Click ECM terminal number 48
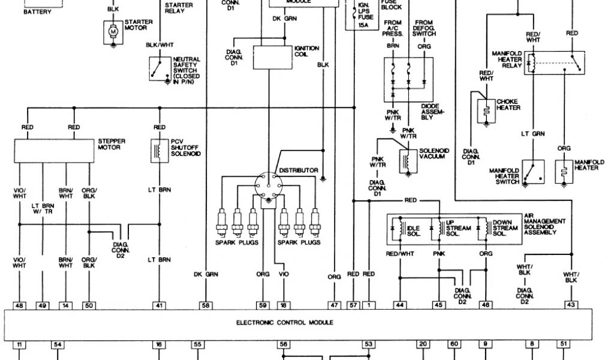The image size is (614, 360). pyautogui.click(x=19, y=305)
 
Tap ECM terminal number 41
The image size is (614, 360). pyautogui.click(x=159, y=305)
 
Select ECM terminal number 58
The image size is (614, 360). pyautogui.click(x=206, y=305)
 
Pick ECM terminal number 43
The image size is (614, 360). pyautogui.click(x=571, y=305)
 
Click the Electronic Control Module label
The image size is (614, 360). pyautogui.click(x=285, y=323)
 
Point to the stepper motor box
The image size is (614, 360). pyautogui.click(x=55, y=151)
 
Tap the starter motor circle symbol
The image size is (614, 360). pyautogui.click(x=112, y=29)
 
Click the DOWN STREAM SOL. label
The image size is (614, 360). pyautogui.click(x=504, y=228)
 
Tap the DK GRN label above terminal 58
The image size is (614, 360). pyautogui.click(x=206, y=274)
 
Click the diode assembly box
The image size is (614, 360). pyautogui.click(x=408, y=80)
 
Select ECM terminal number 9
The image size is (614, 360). pyautogui.click(x=484, y=344)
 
